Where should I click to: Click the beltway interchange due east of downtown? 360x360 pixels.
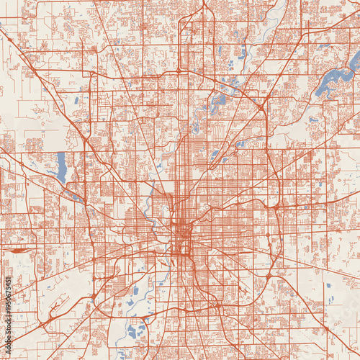point(275,207)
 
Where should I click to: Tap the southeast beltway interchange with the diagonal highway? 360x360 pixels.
point(268,276)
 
